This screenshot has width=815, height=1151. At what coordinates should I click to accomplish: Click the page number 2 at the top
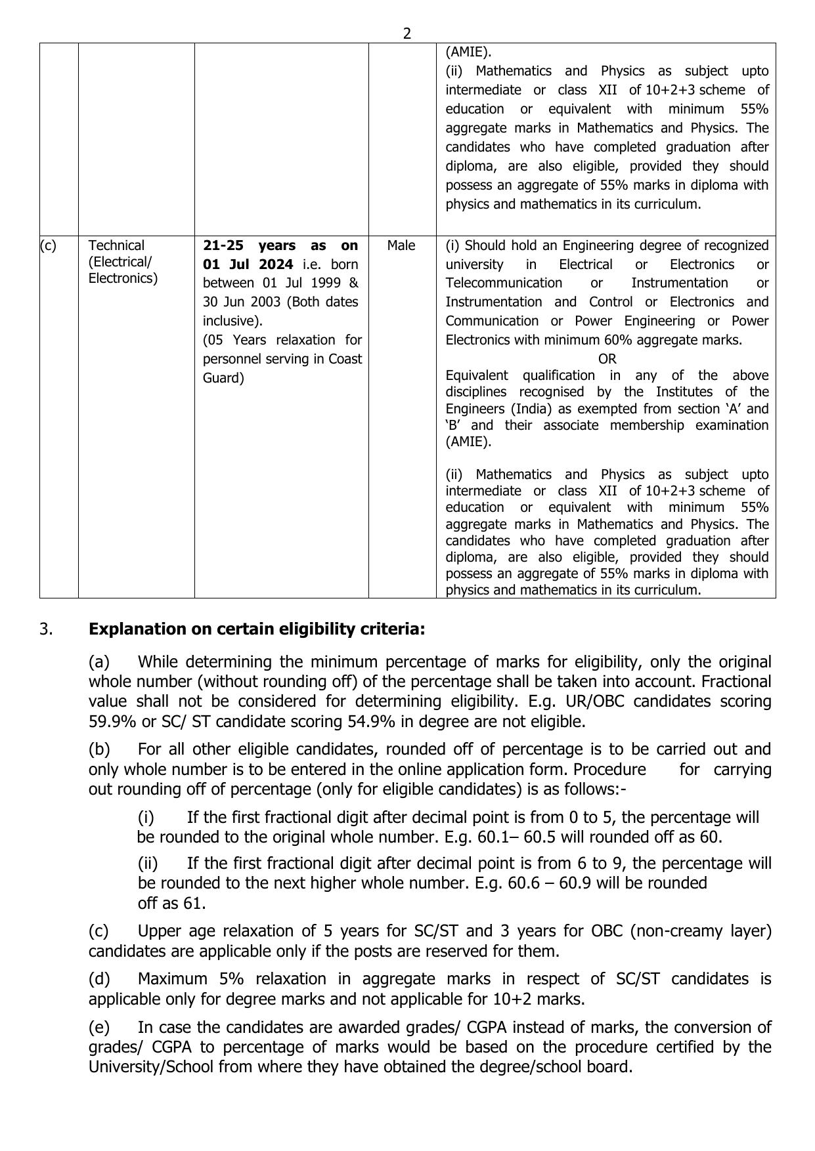(407, 33)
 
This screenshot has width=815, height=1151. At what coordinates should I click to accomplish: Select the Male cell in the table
(401, 245)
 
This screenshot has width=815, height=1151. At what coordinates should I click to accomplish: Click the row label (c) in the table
(48, 245)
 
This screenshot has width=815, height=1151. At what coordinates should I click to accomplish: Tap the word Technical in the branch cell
(116, 245)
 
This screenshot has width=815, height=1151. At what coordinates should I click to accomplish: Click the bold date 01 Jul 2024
(248, 264)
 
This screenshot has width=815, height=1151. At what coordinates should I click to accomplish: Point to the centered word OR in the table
(607, 359)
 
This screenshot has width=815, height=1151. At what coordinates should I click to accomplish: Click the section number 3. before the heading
(46, 629)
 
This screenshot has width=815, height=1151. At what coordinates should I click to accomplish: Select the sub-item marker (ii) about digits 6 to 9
(148, 864)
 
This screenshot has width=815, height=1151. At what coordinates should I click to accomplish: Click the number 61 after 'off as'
(194, 904)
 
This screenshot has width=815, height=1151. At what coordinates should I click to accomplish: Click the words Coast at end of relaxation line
(345, 360)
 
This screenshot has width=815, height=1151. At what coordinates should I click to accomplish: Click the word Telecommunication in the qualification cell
(504, 283)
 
